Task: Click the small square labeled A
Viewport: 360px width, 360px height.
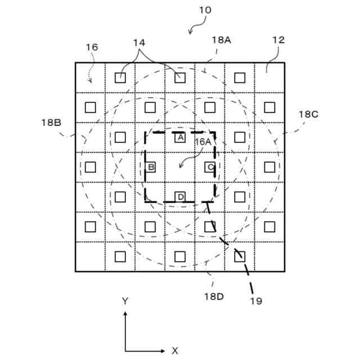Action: click(x=180, y=137)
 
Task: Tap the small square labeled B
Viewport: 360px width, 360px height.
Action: click(x=150, y=167)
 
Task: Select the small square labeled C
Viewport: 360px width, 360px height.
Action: click(x=210, y=167)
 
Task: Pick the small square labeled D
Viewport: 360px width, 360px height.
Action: click(x=180, y=197)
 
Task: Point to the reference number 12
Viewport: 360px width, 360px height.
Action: click(x=278, y=40)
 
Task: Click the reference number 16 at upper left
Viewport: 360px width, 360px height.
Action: click(x=92, y=47)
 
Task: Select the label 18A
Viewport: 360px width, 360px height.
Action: click(x=221, y=40)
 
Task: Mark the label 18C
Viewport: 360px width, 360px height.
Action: click(x=308, y=114)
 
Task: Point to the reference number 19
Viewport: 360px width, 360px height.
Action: click(x=256, y=301)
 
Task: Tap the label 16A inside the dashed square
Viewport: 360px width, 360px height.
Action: click(x=203, y=143)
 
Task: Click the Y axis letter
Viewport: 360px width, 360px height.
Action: click(x=125, y=301)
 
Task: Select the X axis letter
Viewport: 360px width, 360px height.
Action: click(x=175, y=350)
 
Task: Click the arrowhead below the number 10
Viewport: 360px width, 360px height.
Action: click(x=190, y=32)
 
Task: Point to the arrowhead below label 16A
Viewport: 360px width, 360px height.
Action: click(x=179, y=166)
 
